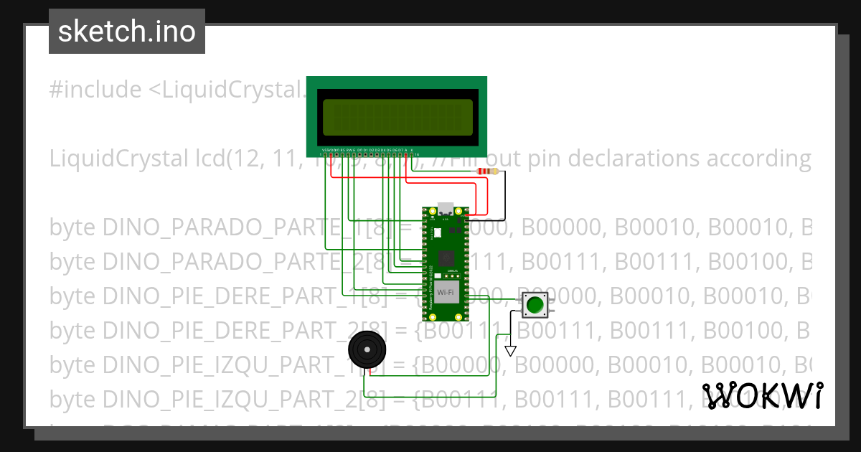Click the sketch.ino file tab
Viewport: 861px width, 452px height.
(127, 32)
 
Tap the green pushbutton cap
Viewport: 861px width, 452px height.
(535, 305)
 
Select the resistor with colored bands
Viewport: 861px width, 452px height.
(490, 171)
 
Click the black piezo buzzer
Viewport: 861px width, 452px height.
(367, 350)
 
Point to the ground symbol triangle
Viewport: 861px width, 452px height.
(510, 351)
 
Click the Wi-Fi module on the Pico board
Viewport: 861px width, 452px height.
(446, 292)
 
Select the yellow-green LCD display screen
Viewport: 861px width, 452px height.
(397, 118)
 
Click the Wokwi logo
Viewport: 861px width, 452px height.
(762, 395)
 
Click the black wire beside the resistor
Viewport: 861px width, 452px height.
(504, 194)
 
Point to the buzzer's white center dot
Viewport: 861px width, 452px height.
(367, 350)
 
